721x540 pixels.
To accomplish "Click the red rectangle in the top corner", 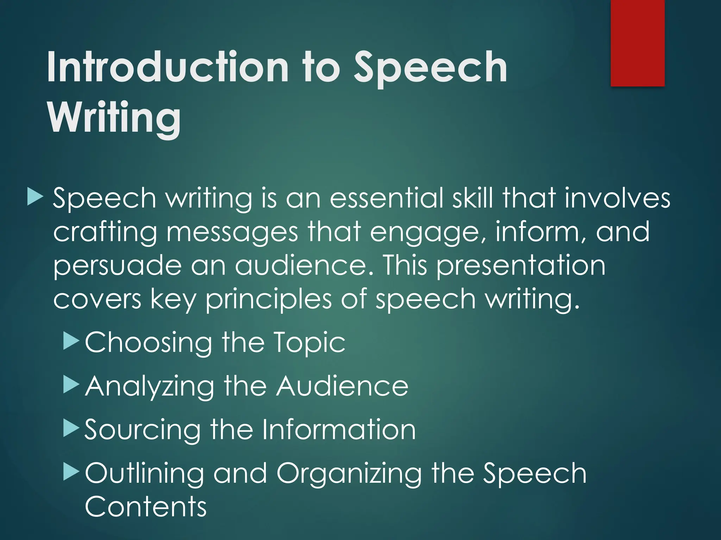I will [x=638, y=43].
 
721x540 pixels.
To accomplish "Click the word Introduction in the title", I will [x=168, y=66].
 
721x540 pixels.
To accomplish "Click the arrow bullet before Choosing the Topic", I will [x=71, y=341].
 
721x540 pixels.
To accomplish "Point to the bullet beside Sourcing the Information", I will [x=71, y=429].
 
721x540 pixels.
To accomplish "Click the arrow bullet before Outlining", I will [x=71, y=472].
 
